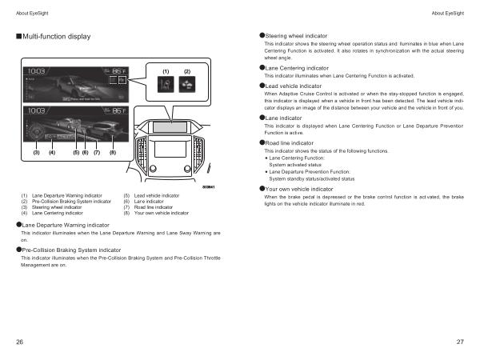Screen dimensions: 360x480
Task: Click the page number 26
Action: pos(19,342)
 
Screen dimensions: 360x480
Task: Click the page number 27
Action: pos(460,342)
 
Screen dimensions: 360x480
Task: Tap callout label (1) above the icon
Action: pos(166,72)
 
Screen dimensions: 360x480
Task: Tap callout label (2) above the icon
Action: pos(187,72)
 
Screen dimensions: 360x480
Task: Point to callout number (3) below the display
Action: pos(36,152)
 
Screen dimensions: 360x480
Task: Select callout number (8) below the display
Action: pos(113,152)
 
